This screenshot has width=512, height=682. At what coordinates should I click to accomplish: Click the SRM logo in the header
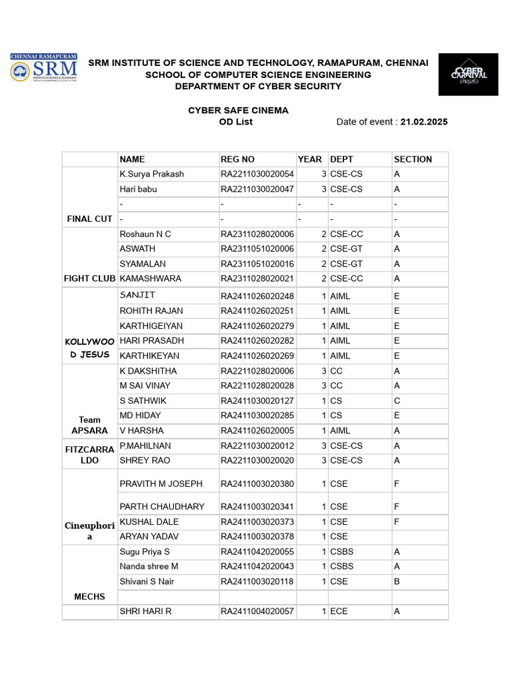click(43, 69)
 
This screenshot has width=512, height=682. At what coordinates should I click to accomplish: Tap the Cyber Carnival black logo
click(468, 75)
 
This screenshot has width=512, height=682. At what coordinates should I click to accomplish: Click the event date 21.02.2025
click(424, 122)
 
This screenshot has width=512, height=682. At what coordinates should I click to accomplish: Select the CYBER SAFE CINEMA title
click(238, 110)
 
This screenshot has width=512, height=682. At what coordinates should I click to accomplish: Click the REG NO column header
click(237, 159)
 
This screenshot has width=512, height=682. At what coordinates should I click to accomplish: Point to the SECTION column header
click(413, 159)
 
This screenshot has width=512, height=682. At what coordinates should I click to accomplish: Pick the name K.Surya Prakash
click(151, 174)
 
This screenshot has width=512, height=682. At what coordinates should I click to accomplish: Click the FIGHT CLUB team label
click(90, 278)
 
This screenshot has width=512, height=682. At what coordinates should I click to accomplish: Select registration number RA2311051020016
click(257, 264)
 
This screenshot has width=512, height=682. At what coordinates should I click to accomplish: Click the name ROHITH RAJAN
click(151, 311)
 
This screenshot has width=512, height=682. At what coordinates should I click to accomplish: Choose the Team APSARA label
click(90, 425)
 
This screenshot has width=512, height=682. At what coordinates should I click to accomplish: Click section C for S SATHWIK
click(397, 401)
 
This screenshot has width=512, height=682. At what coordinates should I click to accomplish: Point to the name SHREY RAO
click(145, 460)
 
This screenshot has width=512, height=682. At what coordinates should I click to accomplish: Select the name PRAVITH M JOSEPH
click(161, 484)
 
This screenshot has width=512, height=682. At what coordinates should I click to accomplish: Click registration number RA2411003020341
click(257, 506)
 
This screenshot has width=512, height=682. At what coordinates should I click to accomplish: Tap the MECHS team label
click(90, 597)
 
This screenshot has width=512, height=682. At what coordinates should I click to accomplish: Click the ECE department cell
click(339, 611)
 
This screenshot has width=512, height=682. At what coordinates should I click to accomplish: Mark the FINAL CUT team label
click(90, 218)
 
